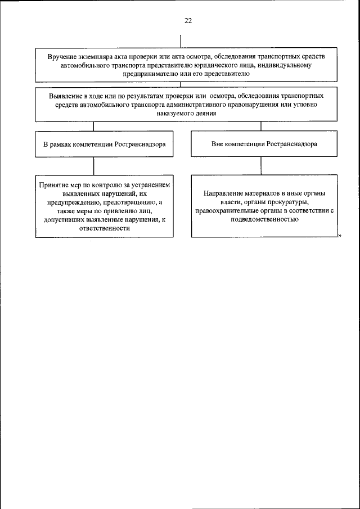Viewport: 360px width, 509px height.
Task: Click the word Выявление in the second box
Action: point(66,96)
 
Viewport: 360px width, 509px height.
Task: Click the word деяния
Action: point(205,112)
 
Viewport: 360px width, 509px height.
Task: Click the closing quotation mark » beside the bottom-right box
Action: point(339,236)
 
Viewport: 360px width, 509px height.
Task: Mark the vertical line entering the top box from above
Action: point(180,42)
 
